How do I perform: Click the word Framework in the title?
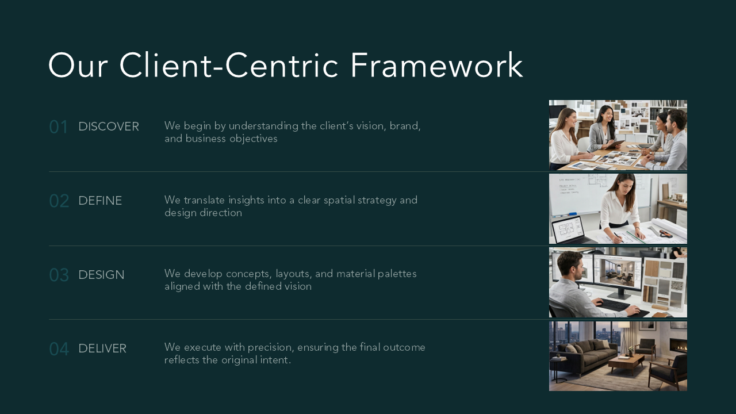click(x=436, y=65)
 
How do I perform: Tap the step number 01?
click(x=59, y=127)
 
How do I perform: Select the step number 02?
click(x=59, y=201)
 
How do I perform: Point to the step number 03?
click(x=59, y=275)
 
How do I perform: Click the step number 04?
click(x=59, y=348)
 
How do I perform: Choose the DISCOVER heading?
click(x=109, y=126)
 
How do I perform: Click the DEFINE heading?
click(x=100, y=201)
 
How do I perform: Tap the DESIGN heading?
click(x=102, y=275)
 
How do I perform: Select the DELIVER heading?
click(x=102, y=348)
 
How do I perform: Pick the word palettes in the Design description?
click(x=397, y=274)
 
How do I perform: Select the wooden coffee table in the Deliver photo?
click(x=626, y=364)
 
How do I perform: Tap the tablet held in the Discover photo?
click(x=615, y=143)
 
